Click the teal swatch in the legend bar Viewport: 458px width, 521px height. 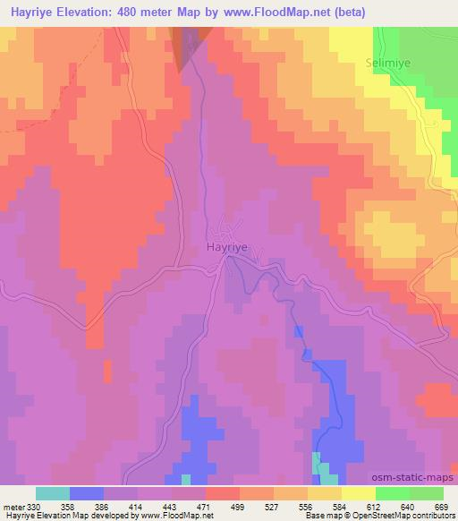(53, 493)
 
